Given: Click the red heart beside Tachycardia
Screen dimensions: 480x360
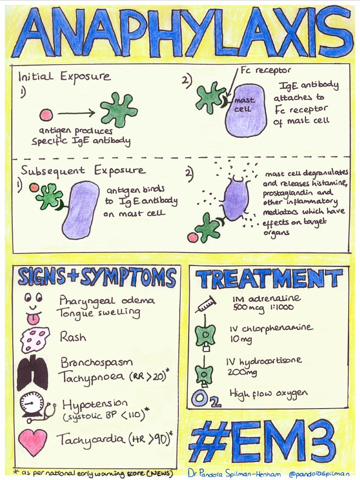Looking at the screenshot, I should [32, 442].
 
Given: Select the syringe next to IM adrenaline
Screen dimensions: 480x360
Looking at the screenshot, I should [205, 305].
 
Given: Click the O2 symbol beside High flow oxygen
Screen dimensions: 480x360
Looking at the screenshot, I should [205, 399].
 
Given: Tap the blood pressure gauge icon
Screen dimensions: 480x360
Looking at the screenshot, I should [33, 404].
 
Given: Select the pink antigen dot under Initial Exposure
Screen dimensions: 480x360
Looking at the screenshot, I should [46, 114].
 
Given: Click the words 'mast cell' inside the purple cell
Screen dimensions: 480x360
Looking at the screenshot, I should [244, 105].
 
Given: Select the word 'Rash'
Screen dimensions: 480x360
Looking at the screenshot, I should [73, 337].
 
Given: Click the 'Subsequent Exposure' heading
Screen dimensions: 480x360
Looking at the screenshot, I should [83, 170].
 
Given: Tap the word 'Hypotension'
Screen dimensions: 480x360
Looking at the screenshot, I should [95, 404].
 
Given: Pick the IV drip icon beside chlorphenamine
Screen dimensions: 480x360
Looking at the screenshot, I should [205, 336].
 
